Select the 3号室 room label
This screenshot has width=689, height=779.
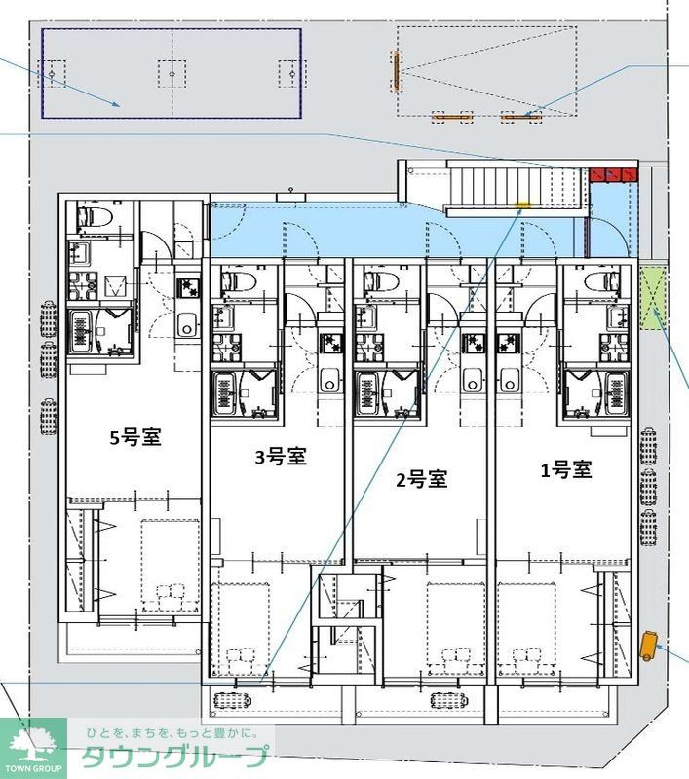(x=282, y=457)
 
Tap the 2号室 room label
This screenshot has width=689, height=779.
(x=421, y=478)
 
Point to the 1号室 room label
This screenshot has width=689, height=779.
(x=566, y=469)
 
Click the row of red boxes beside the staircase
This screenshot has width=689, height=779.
(x=613, y=175)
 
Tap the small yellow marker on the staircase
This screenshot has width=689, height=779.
(x=522, y=205)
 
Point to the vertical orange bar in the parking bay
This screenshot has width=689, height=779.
(x=396, y=71)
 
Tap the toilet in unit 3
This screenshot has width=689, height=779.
(x=238, y=281)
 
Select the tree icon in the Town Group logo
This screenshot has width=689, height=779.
(x=32, y=743)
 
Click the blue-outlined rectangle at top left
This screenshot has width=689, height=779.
(x=171, y=73)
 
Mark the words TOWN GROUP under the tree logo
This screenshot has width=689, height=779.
(x=32, y=769)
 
